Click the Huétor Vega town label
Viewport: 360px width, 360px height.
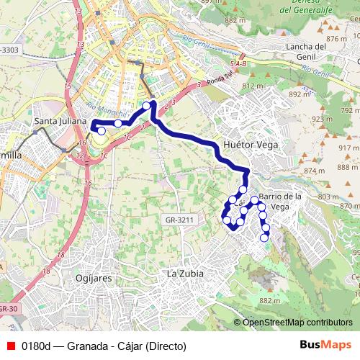pos(251,144)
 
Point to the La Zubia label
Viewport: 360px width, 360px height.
pos(185,274)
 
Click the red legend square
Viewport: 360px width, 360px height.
pos(9,346)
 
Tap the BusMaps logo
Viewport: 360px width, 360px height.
pos(326,346)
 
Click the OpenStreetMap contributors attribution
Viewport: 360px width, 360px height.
pos(297,323)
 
